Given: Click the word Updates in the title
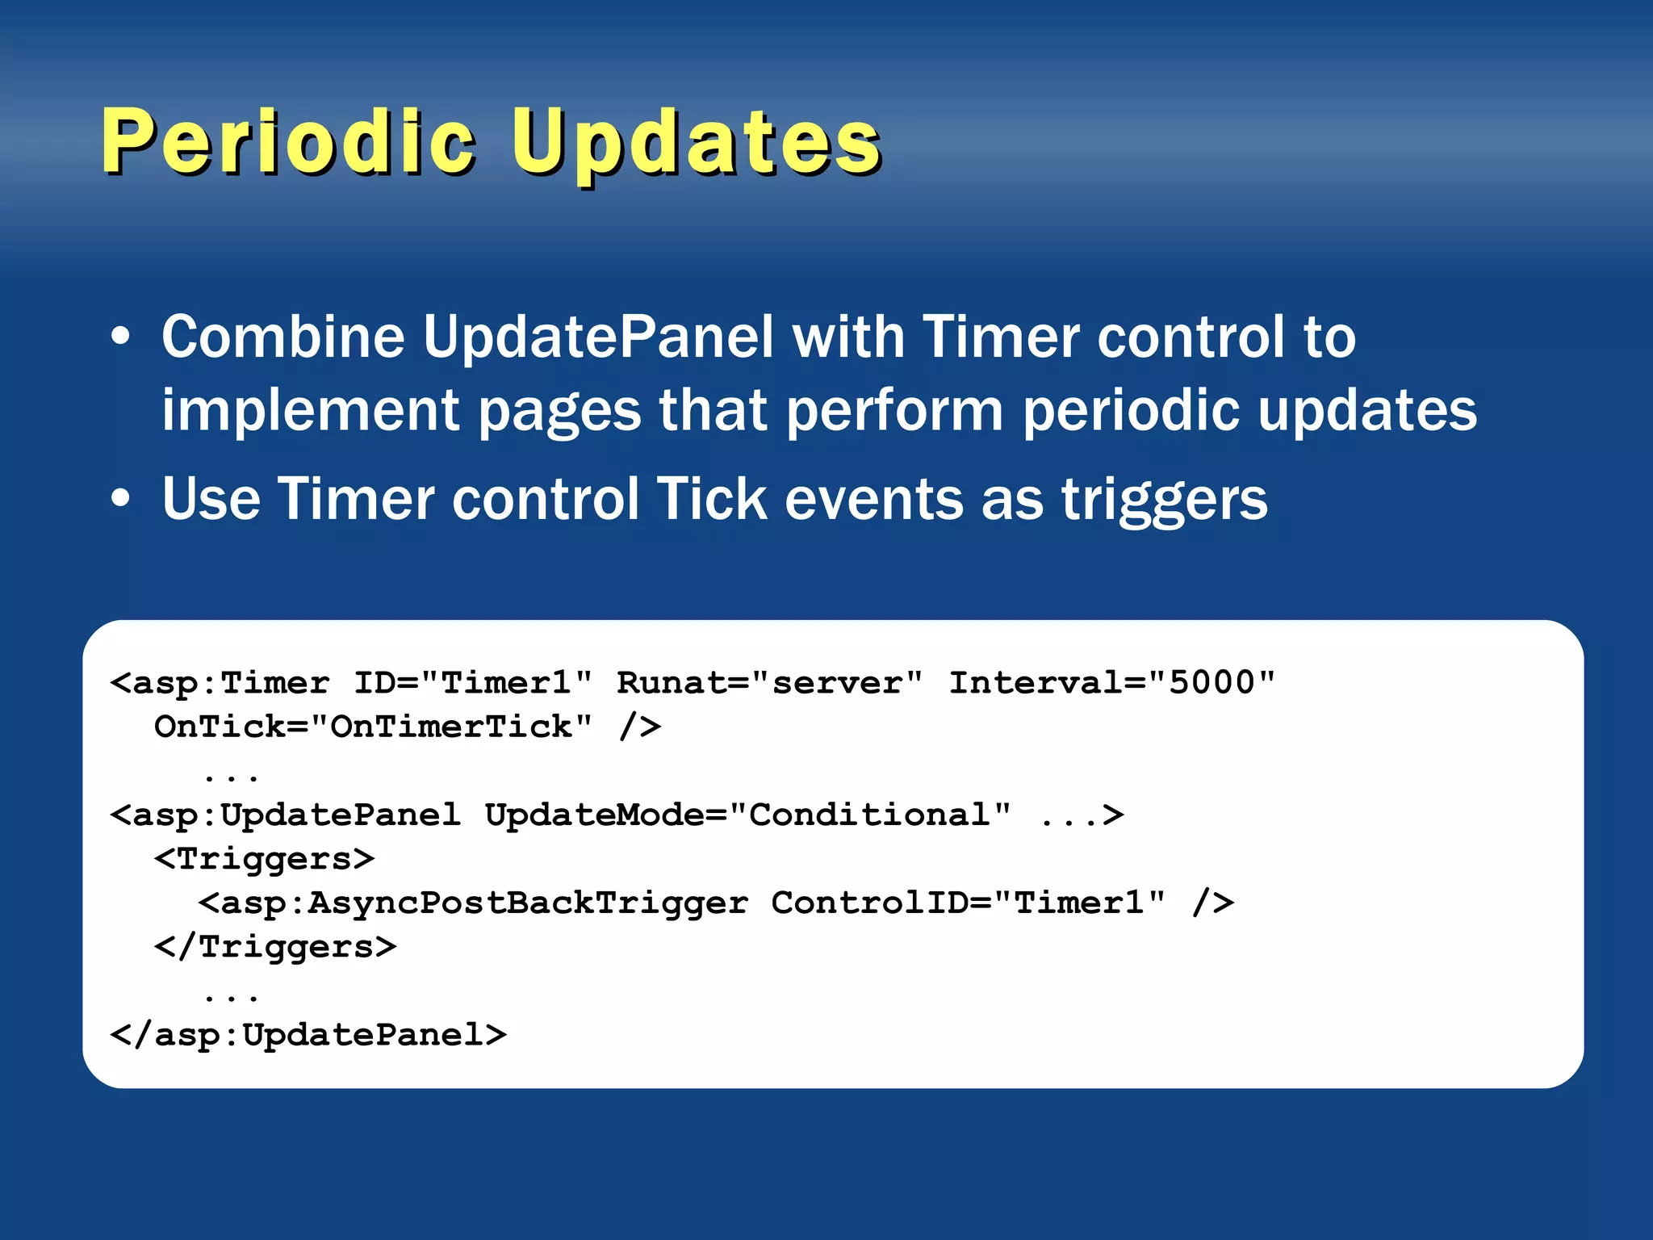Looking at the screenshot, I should (696, 142).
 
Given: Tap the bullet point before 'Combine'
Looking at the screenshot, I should (120, 337).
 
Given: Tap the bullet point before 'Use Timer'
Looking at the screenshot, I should (120, 498).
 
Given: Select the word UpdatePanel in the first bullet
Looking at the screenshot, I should (598, 337).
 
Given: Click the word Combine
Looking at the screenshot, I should (282, 337).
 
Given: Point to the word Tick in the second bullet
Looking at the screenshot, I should (711, 498).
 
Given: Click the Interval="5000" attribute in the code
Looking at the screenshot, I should (1111, 683).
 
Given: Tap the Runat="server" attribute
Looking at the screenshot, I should (769, 683).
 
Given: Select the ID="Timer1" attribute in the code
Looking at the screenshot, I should (473, 683).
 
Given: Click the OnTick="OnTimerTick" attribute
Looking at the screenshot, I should (373, 727).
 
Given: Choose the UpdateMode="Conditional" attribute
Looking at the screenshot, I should (747, 815).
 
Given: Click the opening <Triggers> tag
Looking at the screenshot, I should (265, 859).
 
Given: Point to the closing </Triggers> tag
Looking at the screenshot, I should (275, 947).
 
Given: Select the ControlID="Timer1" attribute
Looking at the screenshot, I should (968, 903).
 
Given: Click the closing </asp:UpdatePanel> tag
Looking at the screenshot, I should (308, 1035).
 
